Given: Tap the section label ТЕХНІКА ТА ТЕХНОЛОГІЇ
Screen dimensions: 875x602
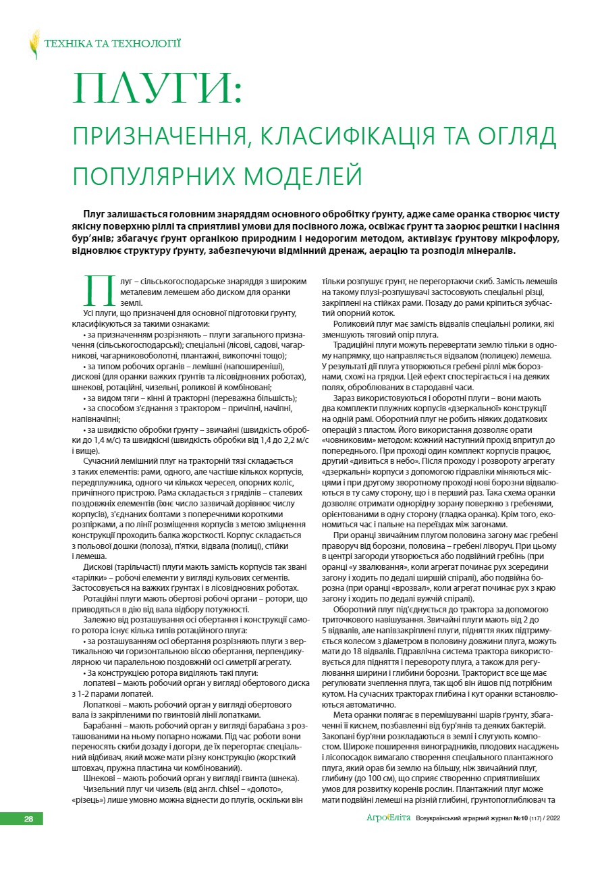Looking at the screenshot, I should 112,44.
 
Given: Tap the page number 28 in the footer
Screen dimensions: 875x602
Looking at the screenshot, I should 30,819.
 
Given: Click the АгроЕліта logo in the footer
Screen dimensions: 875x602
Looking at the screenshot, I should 388,818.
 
